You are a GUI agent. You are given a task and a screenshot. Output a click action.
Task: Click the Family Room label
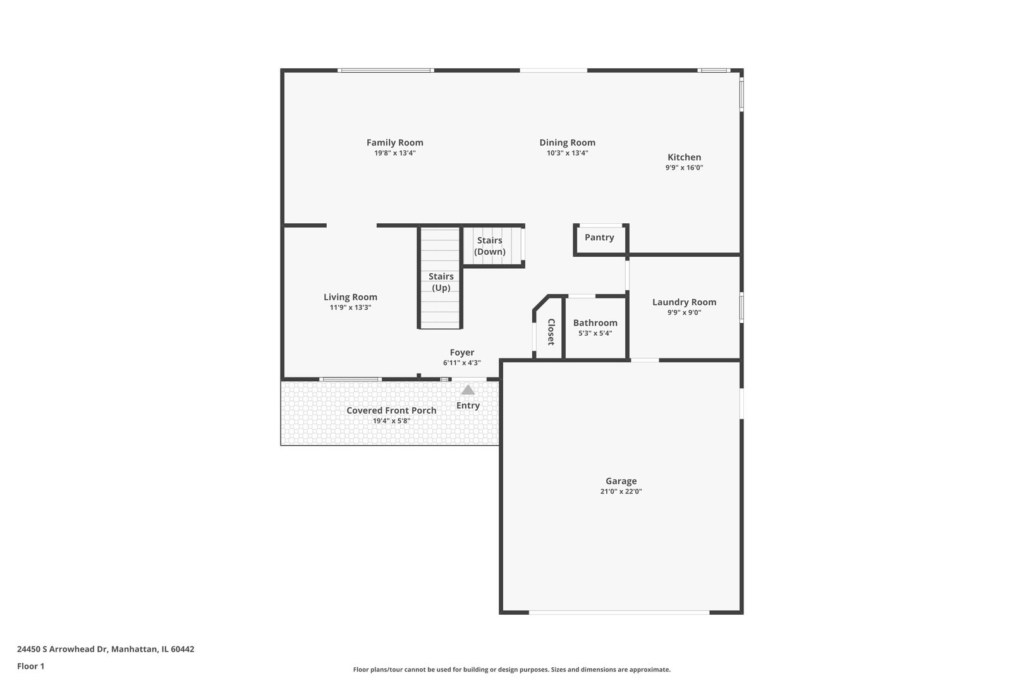[394, 143]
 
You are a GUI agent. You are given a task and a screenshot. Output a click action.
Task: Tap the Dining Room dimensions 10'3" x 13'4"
[568, 153]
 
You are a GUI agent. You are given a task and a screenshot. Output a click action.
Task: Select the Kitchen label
[684, 157]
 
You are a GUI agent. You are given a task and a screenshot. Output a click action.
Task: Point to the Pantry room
[599, 240]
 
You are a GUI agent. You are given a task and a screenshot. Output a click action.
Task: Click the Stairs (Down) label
[490, 246]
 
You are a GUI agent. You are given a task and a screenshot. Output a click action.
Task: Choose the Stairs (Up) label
[441, 282]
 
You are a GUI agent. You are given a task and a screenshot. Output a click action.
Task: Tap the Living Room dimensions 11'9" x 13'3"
[350, 308]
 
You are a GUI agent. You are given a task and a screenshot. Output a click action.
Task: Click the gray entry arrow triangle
[468, 390]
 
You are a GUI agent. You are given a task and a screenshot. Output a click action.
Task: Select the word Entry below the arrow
[468, 406]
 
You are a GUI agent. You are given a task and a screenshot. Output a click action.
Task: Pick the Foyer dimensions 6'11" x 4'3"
[461, 363]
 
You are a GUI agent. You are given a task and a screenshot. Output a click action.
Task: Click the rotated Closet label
[551, 331]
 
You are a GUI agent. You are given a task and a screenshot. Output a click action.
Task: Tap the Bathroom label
[595, 323]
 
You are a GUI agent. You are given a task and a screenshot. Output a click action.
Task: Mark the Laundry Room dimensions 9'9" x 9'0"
[684, 313]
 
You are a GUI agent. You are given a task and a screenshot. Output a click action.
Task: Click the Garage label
[621, 481]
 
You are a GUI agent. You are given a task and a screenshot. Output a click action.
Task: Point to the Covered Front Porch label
[391, 411]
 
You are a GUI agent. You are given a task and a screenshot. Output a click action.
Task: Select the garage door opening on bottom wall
[619, 612]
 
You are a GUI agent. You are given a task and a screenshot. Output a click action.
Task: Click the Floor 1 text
[30, 666]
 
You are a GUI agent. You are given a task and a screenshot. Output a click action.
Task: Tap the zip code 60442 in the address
[183, 649]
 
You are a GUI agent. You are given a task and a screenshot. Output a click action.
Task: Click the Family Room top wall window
[386, 70]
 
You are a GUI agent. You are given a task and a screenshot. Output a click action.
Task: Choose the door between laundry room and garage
[645, 360]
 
